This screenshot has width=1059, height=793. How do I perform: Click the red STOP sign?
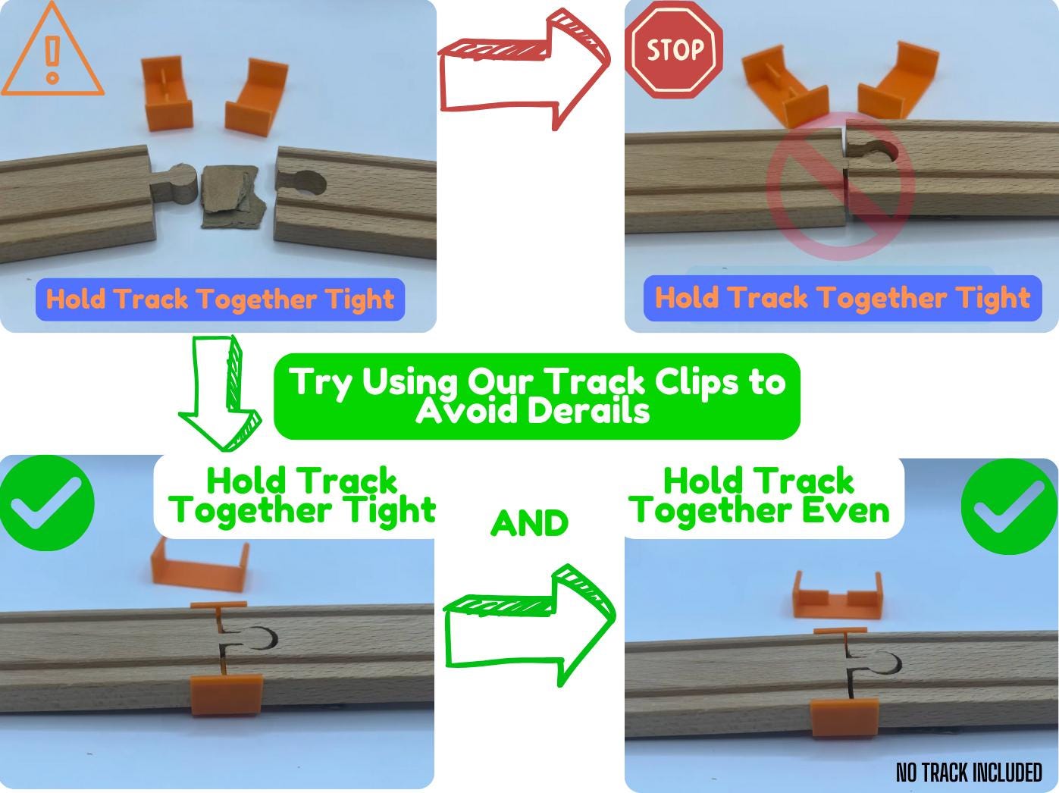(x=674, y=49)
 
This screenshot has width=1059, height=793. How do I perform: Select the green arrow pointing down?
(x=220, y=393)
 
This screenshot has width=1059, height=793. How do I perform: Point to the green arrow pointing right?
(x=529, y=625)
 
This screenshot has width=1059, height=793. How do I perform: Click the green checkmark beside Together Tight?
(x=47, y=503)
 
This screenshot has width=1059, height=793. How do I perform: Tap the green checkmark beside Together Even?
(x=1009, y=506)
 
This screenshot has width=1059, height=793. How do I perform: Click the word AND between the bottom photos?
(x=529, y=523)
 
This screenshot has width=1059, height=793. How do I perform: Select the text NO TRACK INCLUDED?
(x=969, y=773)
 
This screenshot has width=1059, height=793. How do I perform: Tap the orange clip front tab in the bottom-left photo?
(x=226, y=695)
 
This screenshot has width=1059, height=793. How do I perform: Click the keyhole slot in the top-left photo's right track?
(x=304, y=184)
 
